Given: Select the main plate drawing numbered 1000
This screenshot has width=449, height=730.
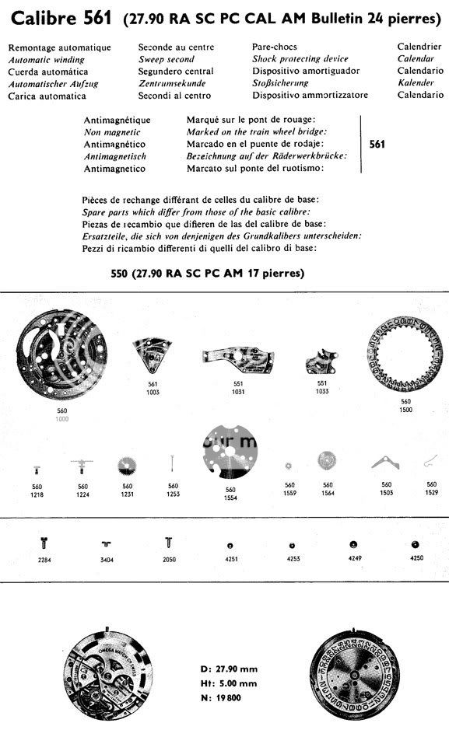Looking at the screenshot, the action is (x=61, y=356).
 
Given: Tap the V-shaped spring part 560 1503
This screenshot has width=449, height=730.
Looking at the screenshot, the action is (x=386, y=464).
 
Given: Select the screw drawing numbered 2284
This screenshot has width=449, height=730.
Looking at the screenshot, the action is (x=44, y=543).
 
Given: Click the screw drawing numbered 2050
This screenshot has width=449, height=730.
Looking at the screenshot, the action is (x=169, y=542).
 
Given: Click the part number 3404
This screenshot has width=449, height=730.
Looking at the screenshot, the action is (x=106, y=559).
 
